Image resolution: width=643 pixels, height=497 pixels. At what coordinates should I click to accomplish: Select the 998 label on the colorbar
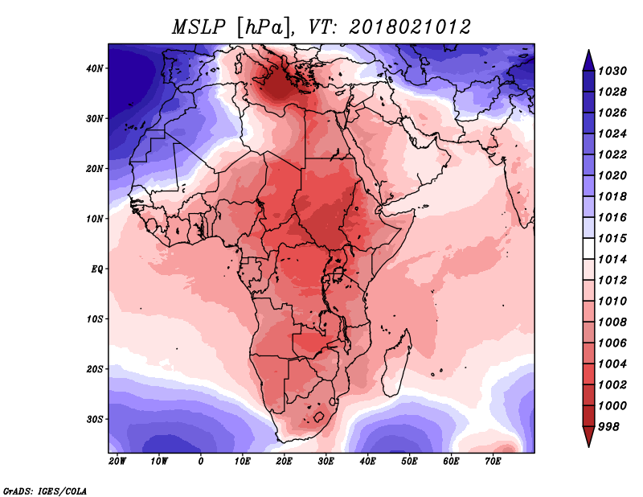(x=609, y=426)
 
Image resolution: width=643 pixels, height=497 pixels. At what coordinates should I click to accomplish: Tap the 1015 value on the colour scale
(x=612, y=240)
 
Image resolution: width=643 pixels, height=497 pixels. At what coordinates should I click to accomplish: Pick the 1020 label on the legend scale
(x=612, y=174)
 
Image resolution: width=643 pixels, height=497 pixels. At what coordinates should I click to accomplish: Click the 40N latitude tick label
(x=96, y=68)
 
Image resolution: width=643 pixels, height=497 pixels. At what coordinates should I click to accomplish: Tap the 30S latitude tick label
(x=96, y=419)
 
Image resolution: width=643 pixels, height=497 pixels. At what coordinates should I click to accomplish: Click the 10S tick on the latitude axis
(x=96, y=319)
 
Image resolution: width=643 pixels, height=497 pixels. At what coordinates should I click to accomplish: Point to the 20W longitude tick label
(x=117, y=462)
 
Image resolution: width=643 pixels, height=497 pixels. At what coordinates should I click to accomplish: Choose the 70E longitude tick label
(x=493, y=462)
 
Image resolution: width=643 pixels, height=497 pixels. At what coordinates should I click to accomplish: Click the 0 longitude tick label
(x=201, y=462)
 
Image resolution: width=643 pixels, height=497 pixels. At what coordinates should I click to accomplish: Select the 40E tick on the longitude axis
(x=367, y=462)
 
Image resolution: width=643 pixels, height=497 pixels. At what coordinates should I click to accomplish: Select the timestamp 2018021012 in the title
(x=410, y=27)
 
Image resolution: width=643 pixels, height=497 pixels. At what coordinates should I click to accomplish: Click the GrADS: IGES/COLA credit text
(x=45, y=490)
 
